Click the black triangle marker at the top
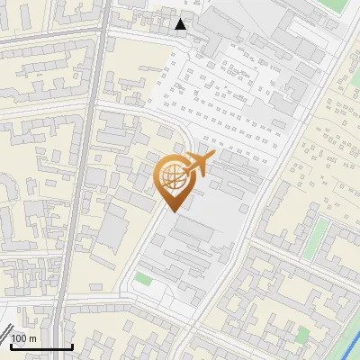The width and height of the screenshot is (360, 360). click(181, 24)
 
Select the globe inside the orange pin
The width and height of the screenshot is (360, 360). click(174, 177)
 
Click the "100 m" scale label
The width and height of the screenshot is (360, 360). click(24, 338)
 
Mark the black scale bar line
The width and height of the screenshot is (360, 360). click(41, 347)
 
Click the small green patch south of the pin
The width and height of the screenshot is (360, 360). click(143, 280)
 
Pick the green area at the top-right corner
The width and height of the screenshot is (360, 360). click(334, 7)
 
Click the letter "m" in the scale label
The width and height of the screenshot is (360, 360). click(32, 338)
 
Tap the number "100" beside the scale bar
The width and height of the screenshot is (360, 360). click(20, 338)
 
